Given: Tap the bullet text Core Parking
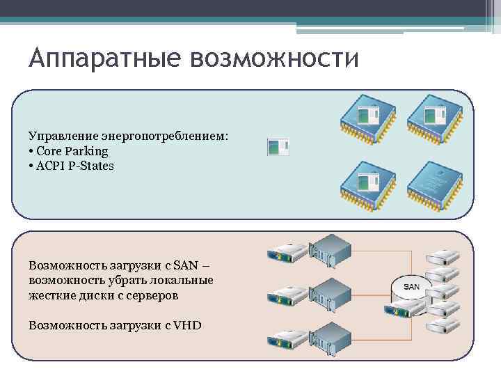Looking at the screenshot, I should [x=72, y=151].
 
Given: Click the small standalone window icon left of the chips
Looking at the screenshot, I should [x=278, y=146].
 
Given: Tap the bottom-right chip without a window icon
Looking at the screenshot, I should [x=434, y=184].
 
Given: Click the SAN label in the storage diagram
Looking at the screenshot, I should [x=411, y=287].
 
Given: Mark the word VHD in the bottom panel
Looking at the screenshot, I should [x=188, y=324].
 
